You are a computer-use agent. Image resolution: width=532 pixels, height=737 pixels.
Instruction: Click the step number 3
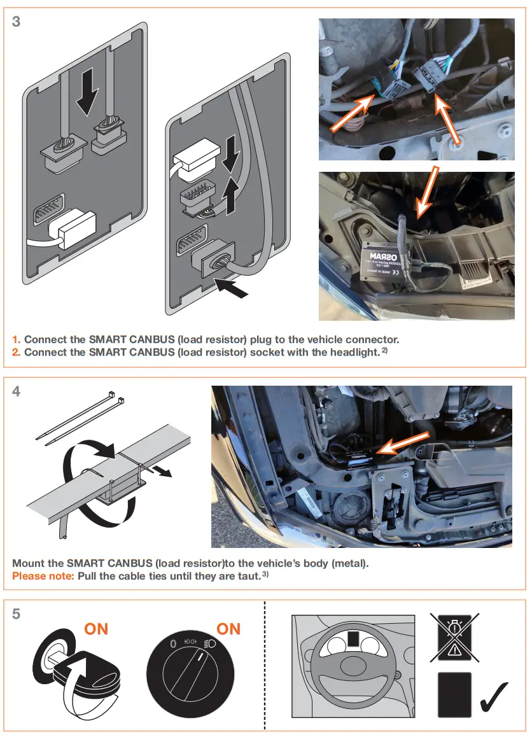pyautogui.click(x=17, y=22)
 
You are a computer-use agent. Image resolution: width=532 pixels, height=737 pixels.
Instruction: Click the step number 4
pyautogui.click(x=17, y=392)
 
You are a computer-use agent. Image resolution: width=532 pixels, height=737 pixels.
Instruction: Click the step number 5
pyautogui.click(x=17, y=614)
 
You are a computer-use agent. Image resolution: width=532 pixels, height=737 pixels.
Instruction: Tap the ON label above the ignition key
pyautogui.click(x=96, y=629)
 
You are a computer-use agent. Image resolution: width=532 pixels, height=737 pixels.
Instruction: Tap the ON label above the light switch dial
pyautogui.click(x=228, y=629)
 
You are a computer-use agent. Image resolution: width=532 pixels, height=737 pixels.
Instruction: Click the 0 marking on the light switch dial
pyautogui.click(x=173, y=644)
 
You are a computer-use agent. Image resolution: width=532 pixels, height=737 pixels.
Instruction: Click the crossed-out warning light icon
pyautogui.click(x=454, y=636)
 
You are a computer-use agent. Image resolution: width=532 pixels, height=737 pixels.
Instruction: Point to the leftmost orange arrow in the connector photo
pyautogui.click(x=353, y=113)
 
